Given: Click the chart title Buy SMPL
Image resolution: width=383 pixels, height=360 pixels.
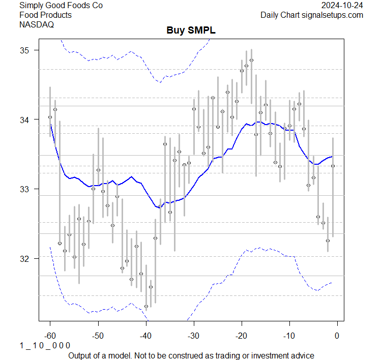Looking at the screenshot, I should coord(191,31).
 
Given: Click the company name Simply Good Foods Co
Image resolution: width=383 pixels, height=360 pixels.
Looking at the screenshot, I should coord(61,6).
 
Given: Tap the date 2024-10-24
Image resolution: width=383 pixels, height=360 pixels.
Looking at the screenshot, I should coord(342,6).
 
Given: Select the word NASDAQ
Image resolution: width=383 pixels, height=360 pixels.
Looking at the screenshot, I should coord(37,24).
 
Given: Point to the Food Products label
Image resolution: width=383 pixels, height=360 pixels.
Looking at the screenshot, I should coord(45,15).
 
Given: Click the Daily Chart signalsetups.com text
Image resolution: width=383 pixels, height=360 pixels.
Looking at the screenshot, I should coord(312,15).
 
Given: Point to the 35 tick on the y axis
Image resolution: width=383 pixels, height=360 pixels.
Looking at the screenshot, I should coord(25,50).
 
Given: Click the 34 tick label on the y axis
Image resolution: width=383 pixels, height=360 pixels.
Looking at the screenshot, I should coord(25,119).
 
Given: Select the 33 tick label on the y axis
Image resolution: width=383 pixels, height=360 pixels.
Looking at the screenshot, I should coord(25,189).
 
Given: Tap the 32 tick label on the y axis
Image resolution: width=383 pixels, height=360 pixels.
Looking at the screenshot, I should coord(25,258).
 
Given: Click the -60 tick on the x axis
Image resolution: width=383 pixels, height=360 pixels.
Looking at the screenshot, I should coord(50,336).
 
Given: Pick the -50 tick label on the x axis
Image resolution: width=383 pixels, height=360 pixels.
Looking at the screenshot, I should coord(98,336).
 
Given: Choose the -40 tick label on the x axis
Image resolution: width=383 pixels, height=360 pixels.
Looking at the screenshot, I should coord(145,336).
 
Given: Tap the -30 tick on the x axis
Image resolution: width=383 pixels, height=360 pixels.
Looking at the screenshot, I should coord(193,336).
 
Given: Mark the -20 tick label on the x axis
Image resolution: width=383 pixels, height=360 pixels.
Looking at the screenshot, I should coord(241,336).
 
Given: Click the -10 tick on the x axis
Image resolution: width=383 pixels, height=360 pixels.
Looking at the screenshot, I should coord(289,336).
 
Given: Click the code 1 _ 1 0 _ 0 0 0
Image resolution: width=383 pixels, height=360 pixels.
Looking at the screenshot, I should coord(45,346).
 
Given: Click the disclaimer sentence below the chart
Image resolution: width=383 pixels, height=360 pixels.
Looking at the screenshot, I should coord(191,355).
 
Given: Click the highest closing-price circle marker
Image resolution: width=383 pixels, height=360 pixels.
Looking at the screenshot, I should coord(251,60).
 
